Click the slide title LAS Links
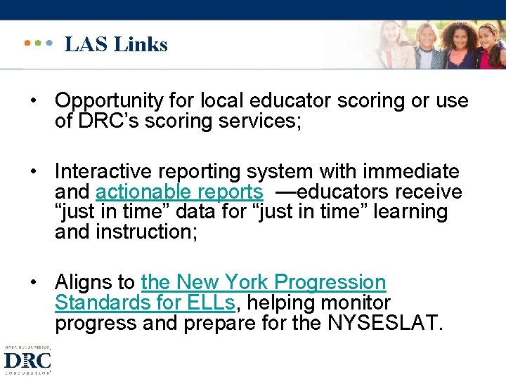coord(116,44)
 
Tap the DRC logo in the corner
coord(27,360)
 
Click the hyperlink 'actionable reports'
coord(179,192)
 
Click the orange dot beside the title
coord(27,43)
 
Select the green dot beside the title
coord(38,43)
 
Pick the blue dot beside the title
coord(49,43)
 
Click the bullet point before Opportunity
coord(33,101)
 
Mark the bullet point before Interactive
coord(33,172)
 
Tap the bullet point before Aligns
coord(33,283)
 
